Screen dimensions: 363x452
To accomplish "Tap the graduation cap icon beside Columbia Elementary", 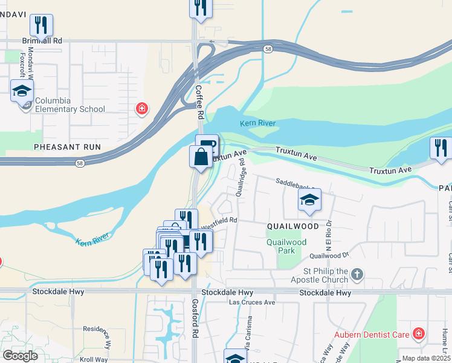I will pos(22,91).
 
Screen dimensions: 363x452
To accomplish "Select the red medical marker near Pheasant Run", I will pos(142,108).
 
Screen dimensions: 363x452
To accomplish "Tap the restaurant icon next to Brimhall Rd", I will pos(41,25).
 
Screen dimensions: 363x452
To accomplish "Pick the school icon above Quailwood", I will pos(309,200).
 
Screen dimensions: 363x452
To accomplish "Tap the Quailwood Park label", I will pos(286,245).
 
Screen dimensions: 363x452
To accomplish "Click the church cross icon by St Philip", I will pos(357,275).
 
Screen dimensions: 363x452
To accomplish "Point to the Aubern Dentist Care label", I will pos(372,335).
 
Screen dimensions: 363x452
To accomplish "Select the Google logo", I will pos(21,356).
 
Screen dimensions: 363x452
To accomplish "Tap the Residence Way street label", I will pos(97,336).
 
